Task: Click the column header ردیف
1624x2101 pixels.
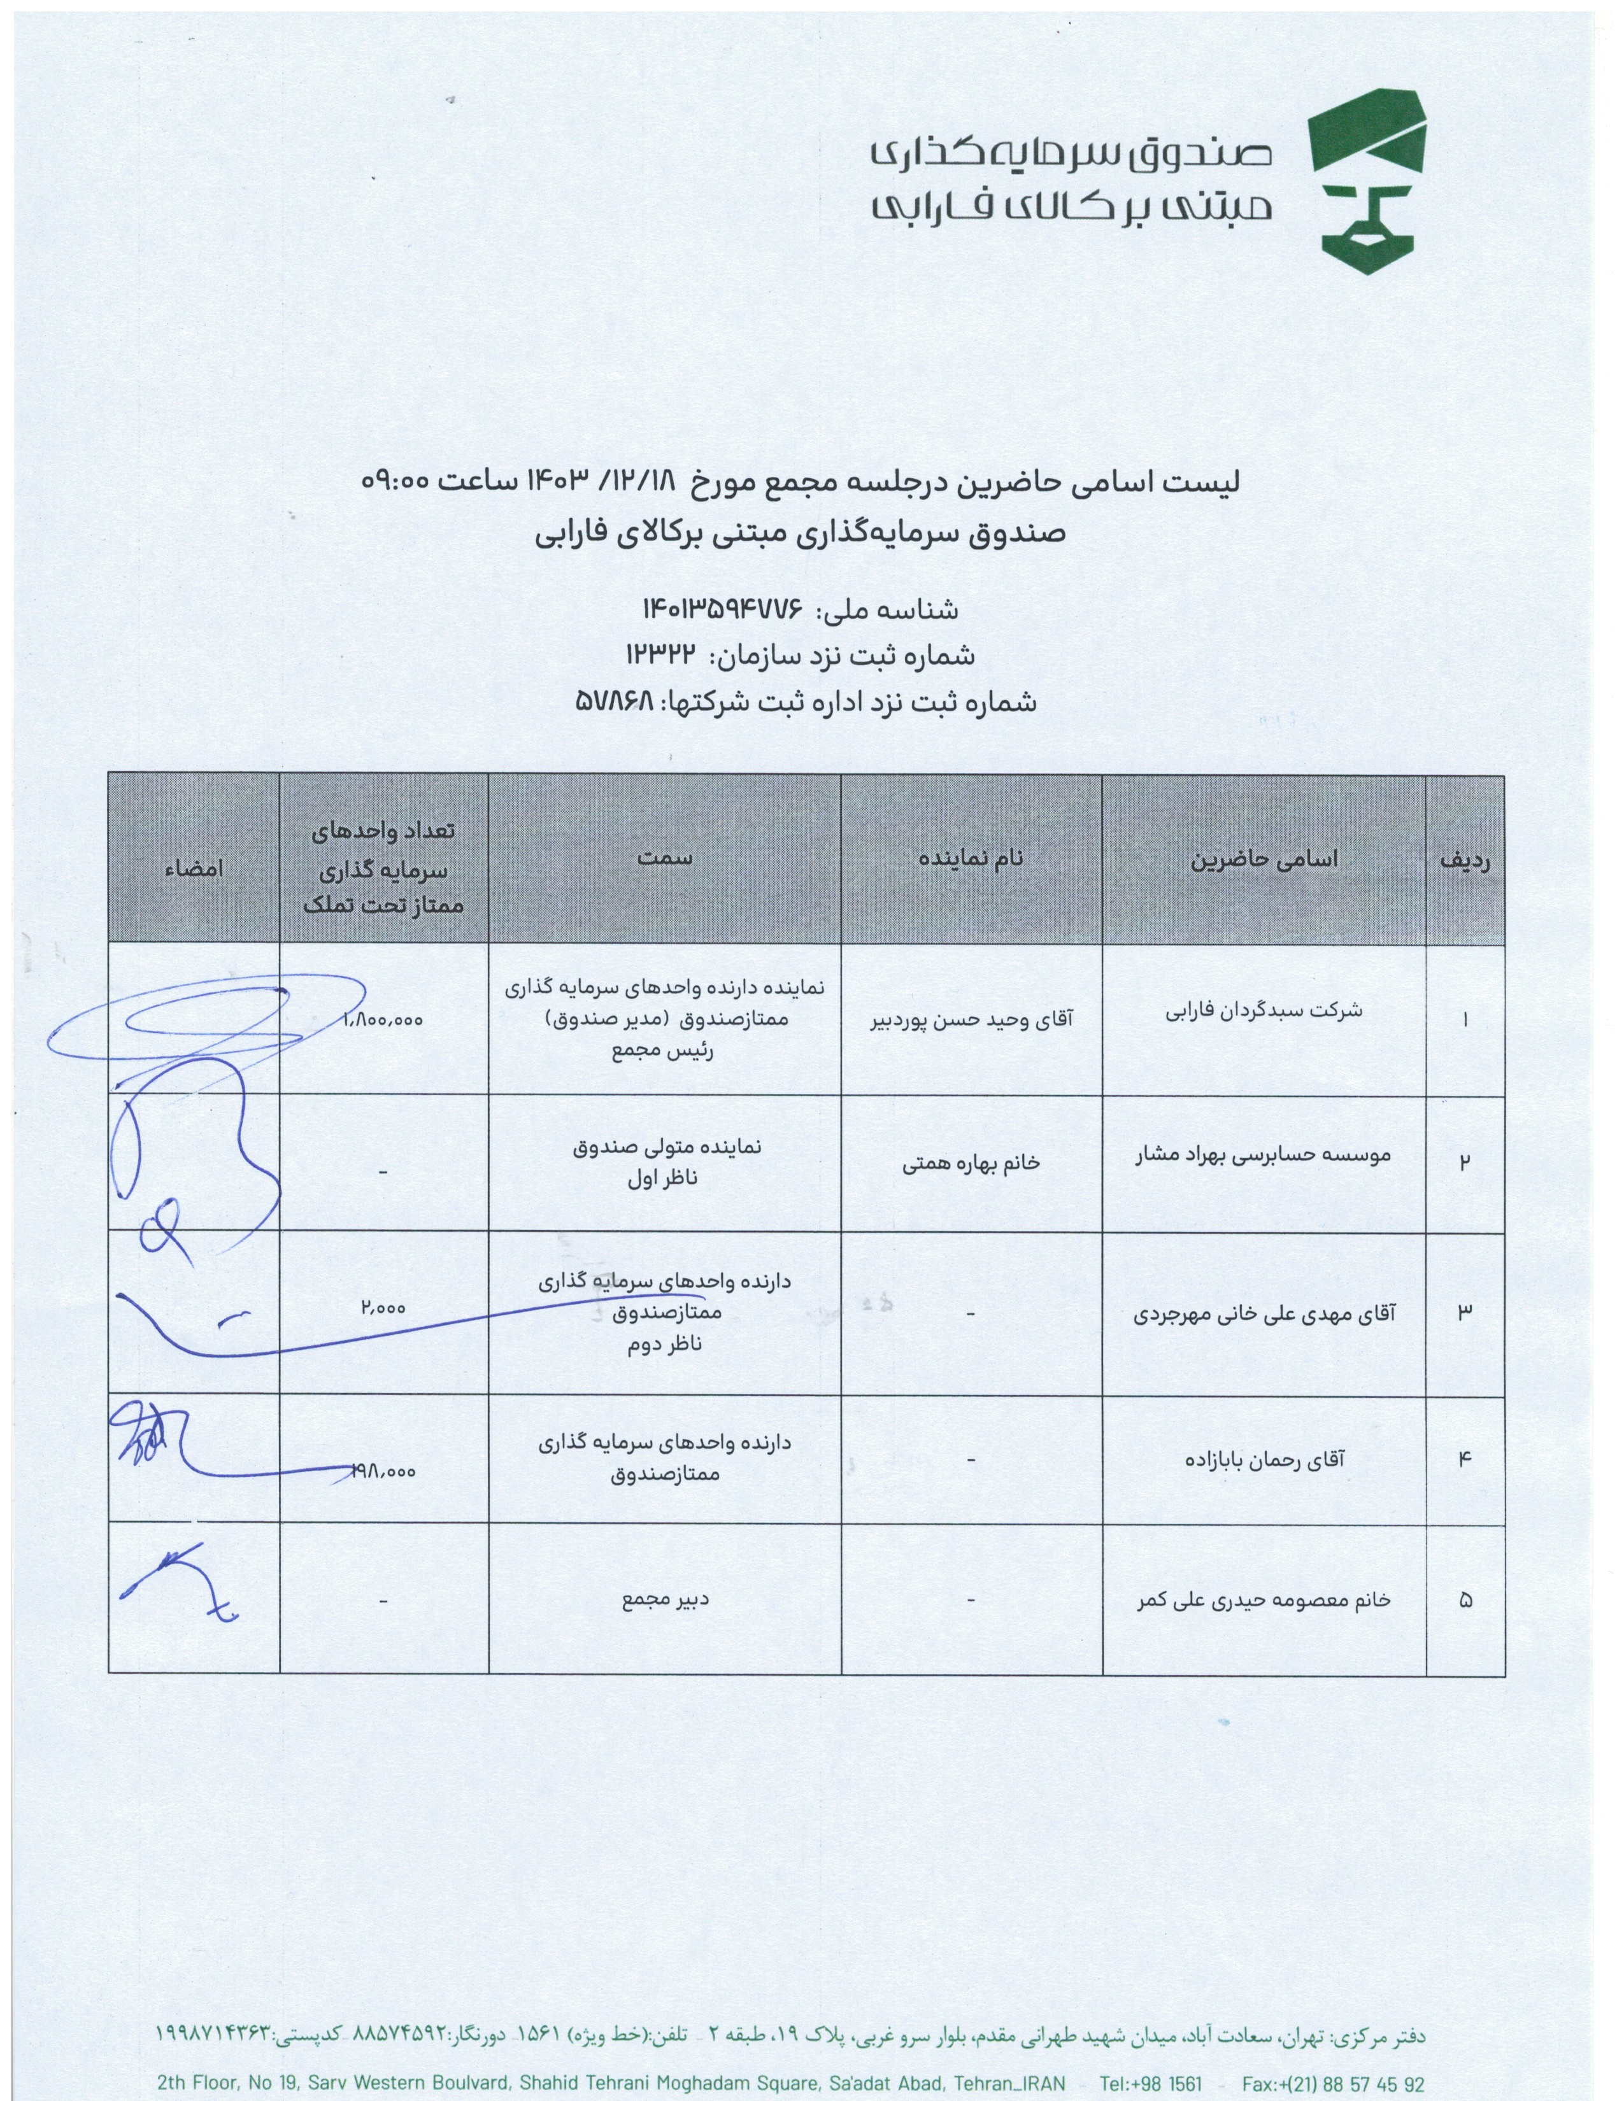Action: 1464,861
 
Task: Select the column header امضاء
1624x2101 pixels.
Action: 194,867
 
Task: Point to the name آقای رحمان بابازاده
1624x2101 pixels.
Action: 1264,1459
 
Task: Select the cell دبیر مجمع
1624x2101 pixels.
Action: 664,1601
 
